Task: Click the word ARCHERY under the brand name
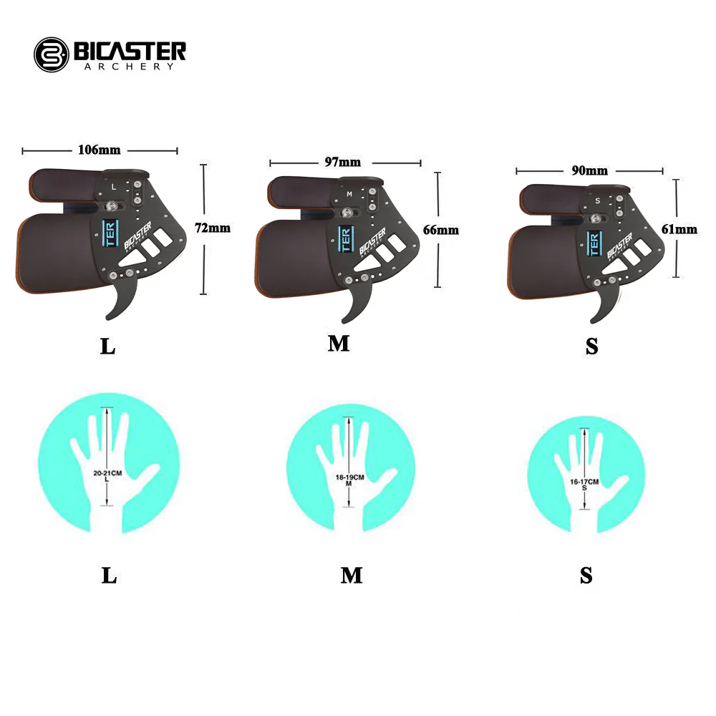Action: (x=128, y=67)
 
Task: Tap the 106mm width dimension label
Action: (x=99, y=150)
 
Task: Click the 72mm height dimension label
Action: (x=213, y=228)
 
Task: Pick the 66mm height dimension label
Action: (x=442, y=230)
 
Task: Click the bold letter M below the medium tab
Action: (x=339, y=344)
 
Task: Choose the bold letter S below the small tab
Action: (x=591, y=347)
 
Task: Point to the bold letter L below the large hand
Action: (x=109, y=575)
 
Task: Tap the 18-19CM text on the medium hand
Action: (x=350, y=477)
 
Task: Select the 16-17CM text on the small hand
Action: (x=584, y=482)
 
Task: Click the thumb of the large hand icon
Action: (x=149, y=475)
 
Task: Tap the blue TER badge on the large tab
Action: (x=110, y=233)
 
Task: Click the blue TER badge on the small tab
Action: (x=592, y=243)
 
